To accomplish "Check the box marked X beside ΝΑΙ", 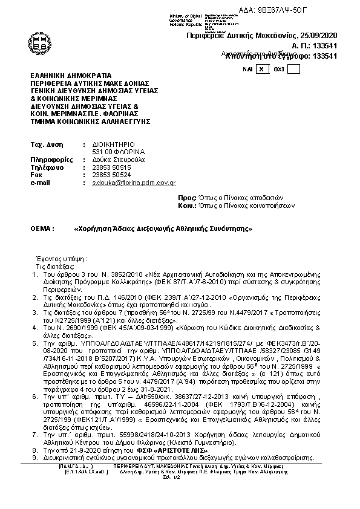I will coord(261,69).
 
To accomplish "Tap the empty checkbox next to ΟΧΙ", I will coord(293,69).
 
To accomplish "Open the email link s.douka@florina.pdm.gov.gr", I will coord(134,182).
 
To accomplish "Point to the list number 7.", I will coord(34,435).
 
